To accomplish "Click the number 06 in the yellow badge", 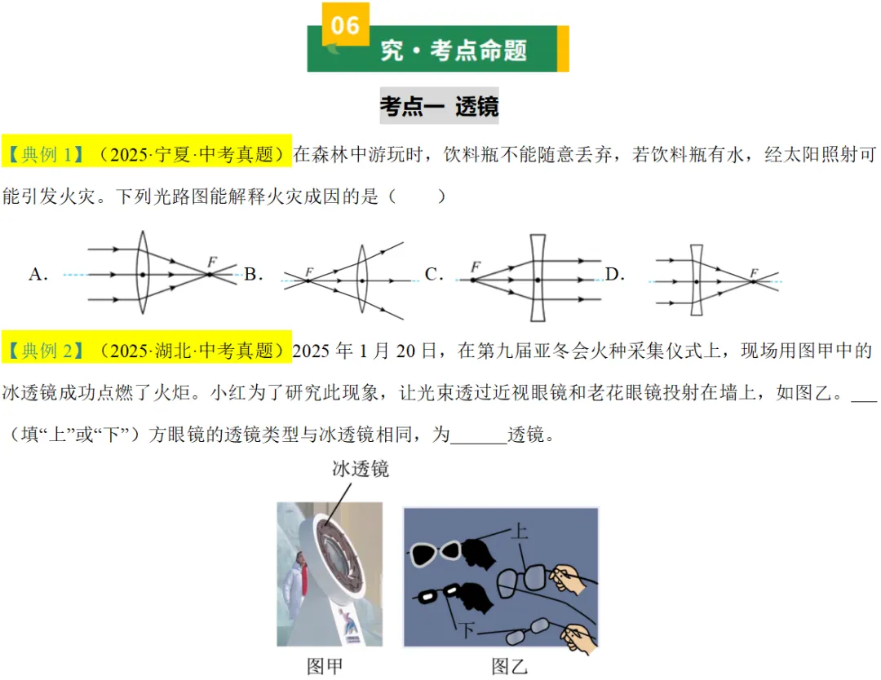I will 345,26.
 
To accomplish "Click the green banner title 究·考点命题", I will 454,51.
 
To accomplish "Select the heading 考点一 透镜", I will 439,106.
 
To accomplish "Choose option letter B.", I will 252,274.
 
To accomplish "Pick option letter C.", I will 433,275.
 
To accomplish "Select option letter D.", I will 613,275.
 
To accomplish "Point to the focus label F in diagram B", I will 309,272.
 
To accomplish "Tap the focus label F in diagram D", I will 754,272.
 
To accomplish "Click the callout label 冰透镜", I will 360,468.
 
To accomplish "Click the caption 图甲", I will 325,666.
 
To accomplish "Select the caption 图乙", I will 510,666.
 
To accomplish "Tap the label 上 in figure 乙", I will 519,532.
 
